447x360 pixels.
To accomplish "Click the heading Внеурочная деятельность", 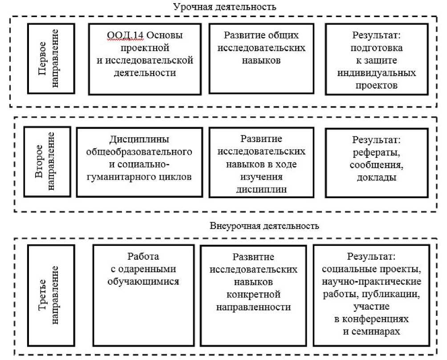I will click(x=264, y=225).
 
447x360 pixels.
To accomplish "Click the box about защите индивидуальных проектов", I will click(x=377, y=58).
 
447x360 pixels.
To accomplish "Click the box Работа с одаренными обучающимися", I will click(x=143, y=295).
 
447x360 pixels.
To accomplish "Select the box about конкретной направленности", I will click(x=253, y=295).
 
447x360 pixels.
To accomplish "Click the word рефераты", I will click(x=377, y=152).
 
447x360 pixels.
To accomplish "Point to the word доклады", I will click(x=377, y=177).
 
